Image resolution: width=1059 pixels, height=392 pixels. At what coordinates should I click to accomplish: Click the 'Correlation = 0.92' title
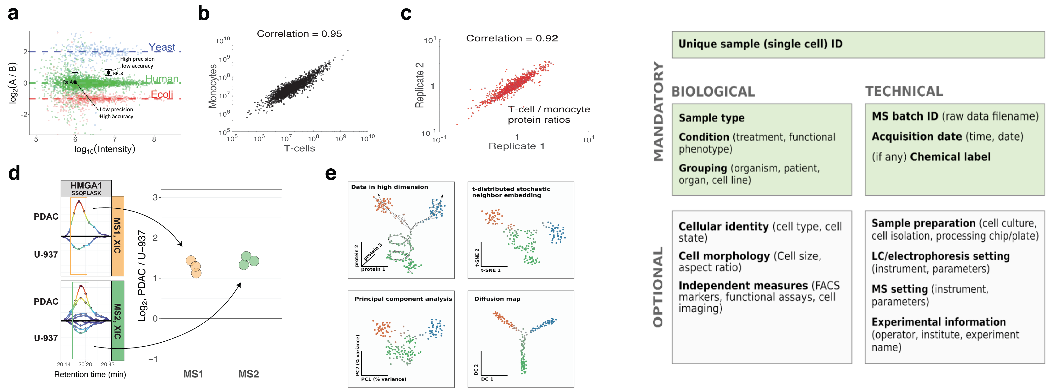pos(511,38)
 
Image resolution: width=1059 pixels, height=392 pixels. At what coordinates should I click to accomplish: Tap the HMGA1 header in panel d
pos(86,185)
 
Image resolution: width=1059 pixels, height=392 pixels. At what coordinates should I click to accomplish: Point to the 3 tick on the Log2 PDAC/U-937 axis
pos(155,197)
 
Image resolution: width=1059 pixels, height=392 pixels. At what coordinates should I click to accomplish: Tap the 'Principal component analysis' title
pos(403,299)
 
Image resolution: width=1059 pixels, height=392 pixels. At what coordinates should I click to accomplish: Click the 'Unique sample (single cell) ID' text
pos(760,44)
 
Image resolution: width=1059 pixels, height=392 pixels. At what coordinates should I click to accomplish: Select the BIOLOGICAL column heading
pos(713,91)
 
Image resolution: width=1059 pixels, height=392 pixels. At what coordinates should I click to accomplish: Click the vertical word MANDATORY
pos(658,111)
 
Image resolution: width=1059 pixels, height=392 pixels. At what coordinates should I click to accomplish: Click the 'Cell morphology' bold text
pos(724,256)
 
